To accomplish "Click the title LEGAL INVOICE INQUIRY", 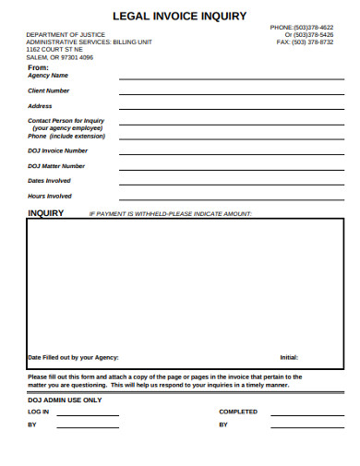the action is (179, 16).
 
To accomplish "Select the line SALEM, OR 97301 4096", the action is (59, 57).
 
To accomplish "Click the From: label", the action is (38, 67).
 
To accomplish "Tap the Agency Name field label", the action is (48, 76).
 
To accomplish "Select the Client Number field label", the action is (49, 90).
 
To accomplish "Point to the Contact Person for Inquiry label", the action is (66, 121).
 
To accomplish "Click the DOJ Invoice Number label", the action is (58, 150).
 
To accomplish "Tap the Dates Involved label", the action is (50, 181).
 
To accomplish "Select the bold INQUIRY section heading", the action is (46, 213).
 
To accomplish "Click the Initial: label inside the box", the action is (289, 357).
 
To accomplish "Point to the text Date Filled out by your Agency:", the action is (73, 357).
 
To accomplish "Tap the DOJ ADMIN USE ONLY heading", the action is (65, 400).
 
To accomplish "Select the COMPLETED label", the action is (238, 412).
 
